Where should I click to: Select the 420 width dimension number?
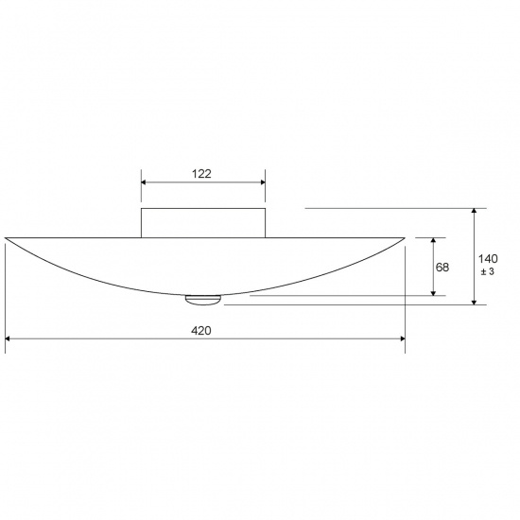(200, 330)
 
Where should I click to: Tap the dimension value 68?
(442, 267)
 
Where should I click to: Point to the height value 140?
(488, 258)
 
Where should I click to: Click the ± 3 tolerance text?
(488, 272)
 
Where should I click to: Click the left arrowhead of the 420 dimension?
(9, 338)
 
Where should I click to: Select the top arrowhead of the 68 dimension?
(433, 240)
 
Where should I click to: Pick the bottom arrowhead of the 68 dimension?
(433, 292)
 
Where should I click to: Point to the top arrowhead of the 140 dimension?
(474, 212)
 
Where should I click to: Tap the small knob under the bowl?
(201, 300)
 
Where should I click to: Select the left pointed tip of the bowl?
(6, 237)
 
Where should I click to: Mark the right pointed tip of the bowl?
(404, 237)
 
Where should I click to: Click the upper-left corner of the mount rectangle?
(142, 208)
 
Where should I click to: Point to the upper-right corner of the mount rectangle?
(265, 208)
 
